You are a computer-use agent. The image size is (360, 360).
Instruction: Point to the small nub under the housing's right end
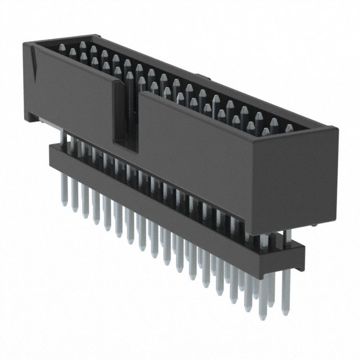coord(313,225)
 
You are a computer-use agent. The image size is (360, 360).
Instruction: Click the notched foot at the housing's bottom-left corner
coord(32,116)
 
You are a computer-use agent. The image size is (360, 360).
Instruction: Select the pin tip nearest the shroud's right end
coord(289,129)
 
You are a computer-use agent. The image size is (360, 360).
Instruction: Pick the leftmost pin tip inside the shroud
coord(71,52)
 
